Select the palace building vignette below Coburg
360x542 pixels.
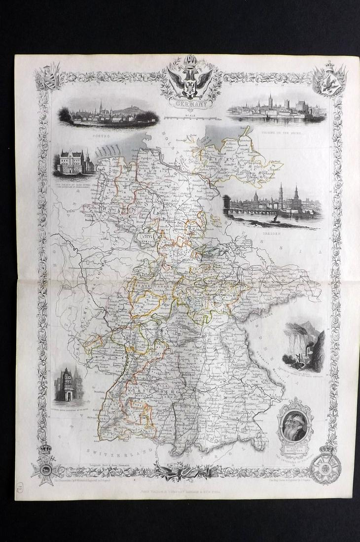coord(74,160)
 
